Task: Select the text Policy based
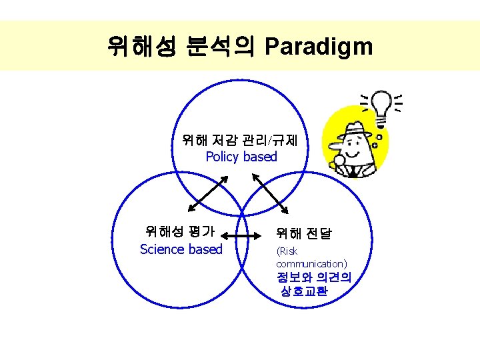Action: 241,157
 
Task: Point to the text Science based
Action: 181,249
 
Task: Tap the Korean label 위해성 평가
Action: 180,232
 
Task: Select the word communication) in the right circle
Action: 311,264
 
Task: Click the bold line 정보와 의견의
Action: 315,277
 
